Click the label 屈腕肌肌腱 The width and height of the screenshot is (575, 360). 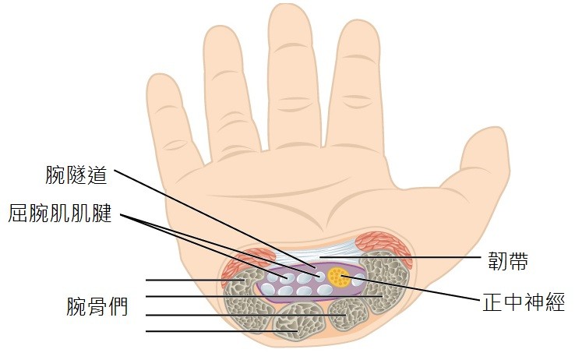coord(60,214)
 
